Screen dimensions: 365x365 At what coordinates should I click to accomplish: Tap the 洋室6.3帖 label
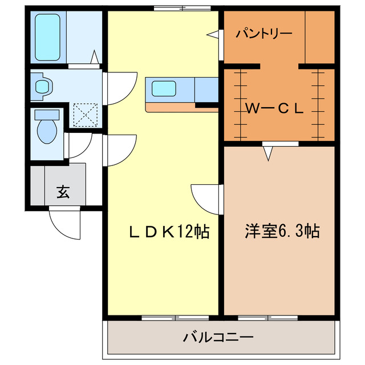click(x=282, y=232)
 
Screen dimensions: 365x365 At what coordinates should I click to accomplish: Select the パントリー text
click(x=264, y=33)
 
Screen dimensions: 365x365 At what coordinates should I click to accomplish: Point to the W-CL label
click(x=274, y=108)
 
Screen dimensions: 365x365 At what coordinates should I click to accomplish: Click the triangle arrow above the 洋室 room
click(x=267, y=152)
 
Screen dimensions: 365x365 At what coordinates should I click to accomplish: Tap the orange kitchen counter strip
click(x=171, y=107)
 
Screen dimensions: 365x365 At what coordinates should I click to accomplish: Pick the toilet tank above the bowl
click(x=46, y=114)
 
